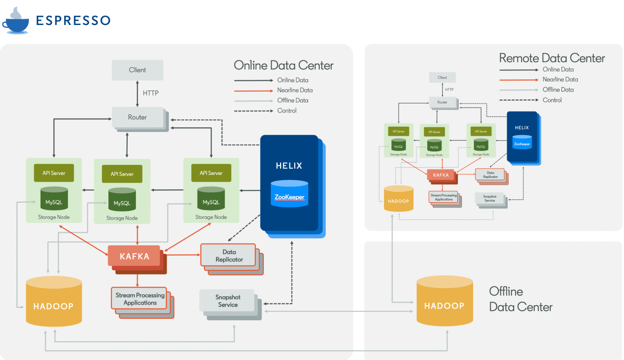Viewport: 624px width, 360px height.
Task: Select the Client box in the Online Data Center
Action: point(137,70)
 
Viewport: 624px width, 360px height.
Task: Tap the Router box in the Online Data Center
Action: point(137,117)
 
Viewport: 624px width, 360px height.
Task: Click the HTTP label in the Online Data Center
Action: point(150,93)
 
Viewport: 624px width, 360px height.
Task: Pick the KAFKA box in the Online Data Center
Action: point(134,256)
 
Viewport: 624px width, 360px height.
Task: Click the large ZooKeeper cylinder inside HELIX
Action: point(289,194)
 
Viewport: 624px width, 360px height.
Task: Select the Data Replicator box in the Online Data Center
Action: point(229,255)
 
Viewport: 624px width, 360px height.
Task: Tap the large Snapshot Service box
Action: point(228,301)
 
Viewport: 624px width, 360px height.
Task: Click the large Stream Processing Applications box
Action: point(140,299)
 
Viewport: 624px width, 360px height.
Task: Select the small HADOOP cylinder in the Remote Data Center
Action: point(398,199)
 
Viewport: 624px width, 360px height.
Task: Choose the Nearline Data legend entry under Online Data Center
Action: point(295,90)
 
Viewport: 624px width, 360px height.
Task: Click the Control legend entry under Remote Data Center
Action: point(552,100)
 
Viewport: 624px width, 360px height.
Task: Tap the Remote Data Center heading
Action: point(552,58)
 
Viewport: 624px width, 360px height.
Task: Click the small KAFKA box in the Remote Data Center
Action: point(441,175)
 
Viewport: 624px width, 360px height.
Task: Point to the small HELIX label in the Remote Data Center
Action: point(522,128)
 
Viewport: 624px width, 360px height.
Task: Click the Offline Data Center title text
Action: point(520,299)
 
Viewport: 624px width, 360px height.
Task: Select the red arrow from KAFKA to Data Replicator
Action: point(183,255)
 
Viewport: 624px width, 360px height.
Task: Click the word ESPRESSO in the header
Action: point(73,21)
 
